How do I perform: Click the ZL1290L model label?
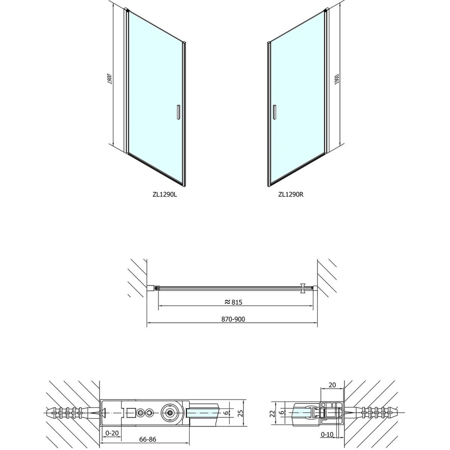click(x=165, y=194)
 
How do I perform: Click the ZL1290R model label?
click(x=291, y=194)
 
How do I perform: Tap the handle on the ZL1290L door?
click(x=178, y=112)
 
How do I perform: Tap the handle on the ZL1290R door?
click(x=275, y=112)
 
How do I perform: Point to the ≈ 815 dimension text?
click(x=233, y=302)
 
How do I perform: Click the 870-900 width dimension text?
click(x=233, y=319)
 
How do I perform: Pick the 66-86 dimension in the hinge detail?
click(x=148, y=439)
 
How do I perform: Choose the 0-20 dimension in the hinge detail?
click(x=112, y=426)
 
